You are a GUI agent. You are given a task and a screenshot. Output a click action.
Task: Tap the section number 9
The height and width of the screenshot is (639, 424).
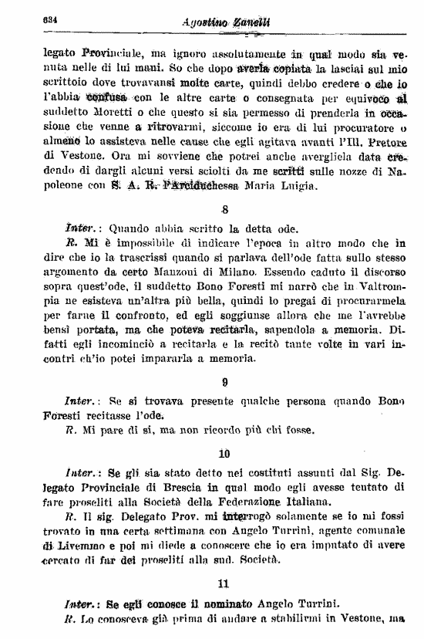pyautogui.click(x=224, y=380)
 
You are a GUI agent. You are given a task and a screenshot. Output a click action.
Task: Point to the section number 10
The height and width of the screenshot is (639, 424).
pyautogui.click(x=224, y=453)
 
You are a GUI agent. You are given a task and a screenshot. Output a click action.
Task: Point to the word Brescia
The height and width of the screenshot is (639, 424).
pyautogui.click(x=178, y=486)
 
